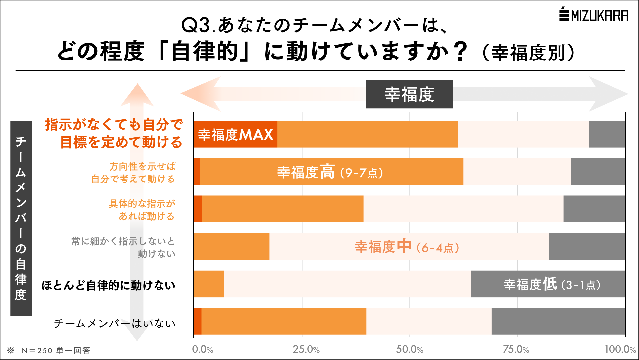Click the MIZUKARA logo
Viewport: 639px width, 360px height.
593,15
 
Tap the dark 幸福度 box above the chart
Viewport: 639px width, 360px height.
409,94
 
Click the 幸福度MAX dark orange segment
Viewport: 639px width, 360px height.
235,134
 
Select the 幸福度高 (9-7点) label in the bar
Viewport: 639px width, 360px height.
330,172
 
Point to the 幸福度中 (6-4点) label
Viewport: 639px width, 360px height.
407,247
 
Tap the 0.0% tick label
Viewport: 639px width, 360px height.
202,349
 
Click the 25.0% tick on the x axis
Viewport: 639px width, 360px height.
306,349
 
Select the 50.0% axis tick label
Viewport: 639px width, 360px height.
409,349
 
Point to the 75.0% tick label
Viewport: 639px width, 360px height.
516,349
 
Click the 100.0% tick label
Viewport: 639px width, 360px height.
620,349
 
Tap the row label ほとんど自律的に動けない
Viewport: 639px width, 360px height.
108,285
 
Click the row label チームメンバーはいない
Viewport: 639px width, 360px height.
115,323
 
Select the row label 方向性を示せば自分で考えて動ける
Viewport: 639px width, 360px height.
134,173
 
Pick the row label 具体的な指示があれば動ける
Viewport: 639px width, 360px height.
142,210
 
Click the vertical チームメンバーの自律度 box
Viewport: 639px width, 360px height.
21,218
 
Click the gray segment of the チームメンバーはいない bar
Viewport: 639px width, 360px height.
558,321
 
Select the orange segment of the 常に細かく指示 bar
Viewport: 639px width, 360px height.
231,246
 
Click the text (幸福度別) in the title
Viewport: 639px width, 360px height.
528,53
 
